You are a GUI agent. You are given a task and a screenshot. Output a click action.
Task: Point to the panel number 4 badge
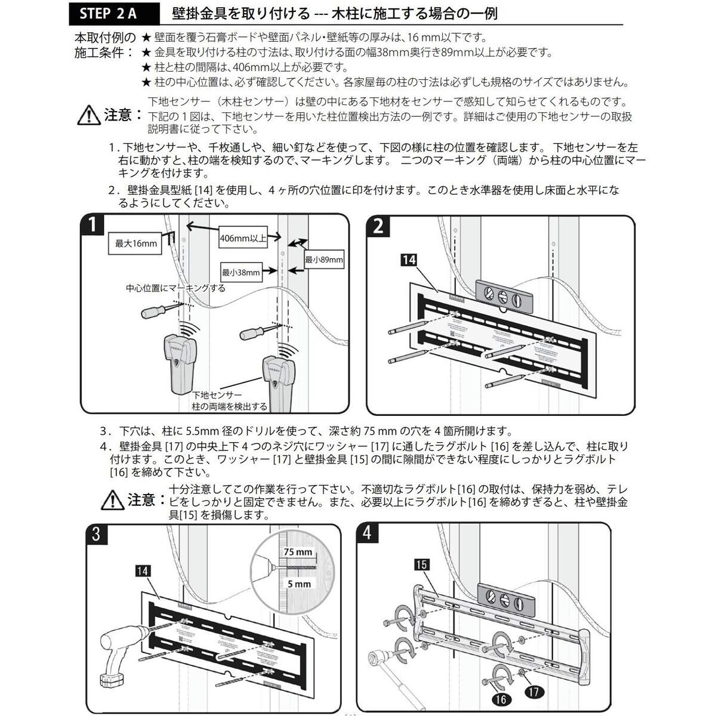coord(367,533)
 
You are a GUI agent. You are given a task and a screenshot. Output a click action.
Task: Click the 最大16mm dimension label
coord(135,243)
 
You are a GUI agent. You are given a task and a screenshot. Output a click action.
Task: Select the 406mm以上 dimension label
coord(243,237)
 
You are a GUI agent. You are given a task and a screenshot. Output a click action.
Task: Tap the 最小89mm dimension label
coord(324,260)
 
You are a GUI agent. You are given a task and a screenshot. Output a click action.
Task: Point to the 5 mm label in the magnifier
coord(298,584)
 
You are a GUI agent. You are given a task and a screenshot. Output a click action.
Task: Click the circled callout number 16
coord(500,698)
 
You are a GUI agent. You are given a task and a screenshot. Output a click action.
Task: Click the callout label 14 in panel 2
coord(409,260)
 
